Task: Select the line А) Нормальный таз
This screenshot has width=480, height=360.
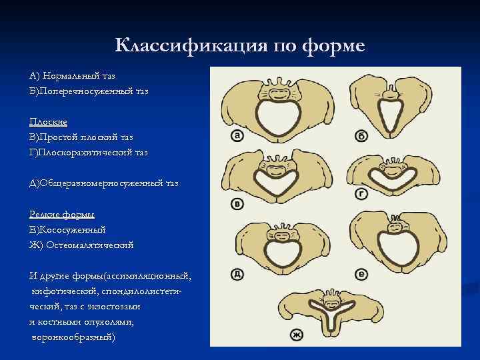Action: tap(71, 76)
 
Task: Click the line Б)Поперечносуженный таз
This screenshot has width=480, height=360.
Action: tap(89, 91)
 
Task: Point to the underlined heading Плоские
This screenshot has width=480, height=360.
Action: tap(48, 122)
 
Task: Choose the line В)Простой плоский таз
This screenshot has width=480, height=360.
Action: tap(81, 137)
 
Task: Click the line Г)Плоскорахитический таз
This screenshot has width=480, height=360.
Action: tap(88, 153)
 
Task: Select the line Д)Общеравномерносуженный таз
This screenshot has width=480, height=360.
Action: tap(103, 183)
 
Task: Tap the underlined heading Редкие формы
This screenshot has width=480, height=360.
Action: tap(62, 214)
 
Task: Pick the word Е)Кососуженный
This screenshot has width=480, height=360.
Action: tap(67, 229)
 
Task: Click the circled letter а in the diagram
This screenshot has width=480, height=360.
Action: tap(237, 136)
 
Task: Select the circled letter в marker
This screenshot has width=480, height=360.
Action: tap(236, 203)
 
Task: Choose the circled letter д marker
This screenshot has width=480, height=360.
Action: tap(237, 273)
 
